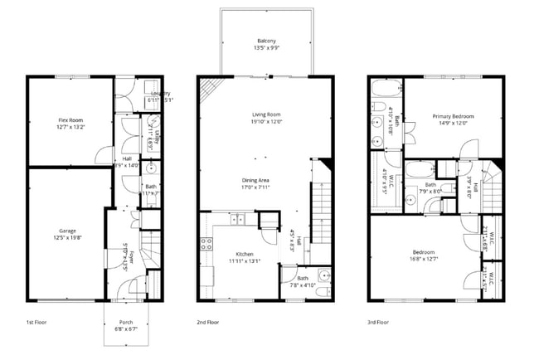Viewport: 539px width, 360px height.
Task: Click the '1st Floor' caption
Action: point(36,322)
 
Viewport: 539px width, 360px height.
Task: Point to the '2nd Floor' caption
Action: point(207,322)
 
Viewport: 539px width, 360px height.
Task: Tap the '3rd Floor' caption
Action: point(378,322)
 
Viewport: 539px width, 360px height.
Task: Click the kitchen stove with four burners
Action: point(206,246)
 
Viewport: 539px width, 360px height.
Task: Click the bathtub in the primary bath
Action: point(386,89)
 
